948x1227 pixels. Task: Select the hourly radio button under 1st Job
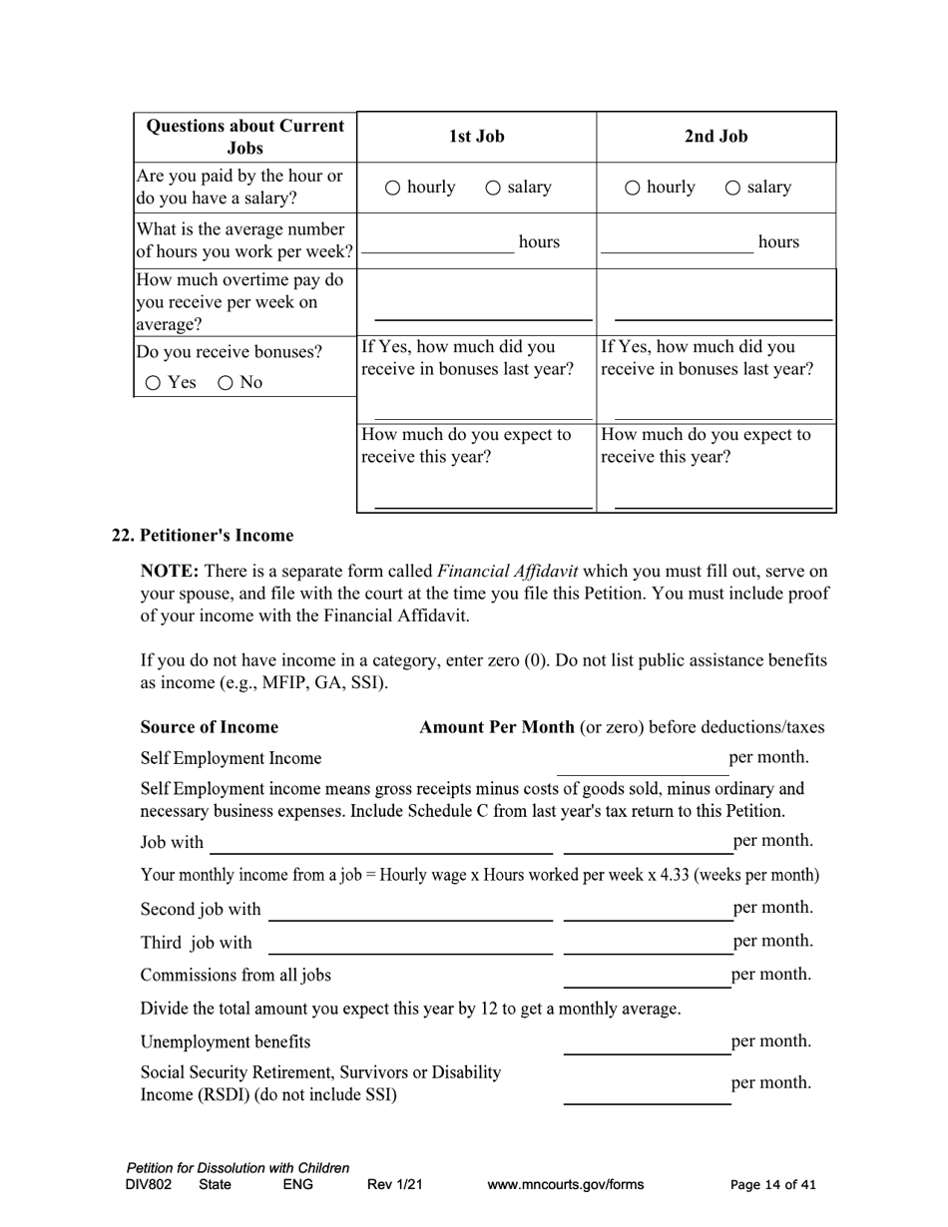coord(392,188)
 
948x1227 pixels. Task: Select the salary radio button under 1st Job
coord(493,188)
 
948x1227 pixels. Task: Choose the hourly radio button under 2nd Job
coord(633,188)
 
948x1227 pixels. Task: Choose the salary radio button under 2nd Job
coord(732,188)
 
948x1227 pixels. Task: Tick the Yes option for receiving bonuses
coord(153,383)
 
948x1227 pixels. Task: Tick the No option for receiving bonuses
coord(226,383)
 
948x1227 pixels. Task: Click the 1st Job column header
coord(476,137)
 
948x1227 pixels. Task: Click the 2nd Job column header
coord(715,137)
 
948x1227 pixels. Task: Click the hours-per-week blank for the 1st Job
coord(437,244)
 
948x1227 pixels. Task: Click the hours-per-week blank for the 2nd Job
coord(677,244)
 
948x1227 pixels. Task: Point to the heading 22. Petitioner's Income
coord(203,536)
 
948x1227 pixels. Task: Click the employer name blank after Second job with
coord(410,910)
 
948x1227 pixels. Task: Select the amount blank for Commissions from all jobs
coord(647,977)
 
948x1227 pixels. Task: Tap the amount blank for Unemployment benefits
coord(647,1043)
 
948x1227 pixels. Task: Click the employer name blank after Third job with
coord(410,944)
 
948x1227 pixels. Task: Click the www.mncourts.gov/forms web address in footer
coord(565,1185)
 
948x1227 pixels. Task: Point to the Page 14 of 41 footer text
coord(772,1185)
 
